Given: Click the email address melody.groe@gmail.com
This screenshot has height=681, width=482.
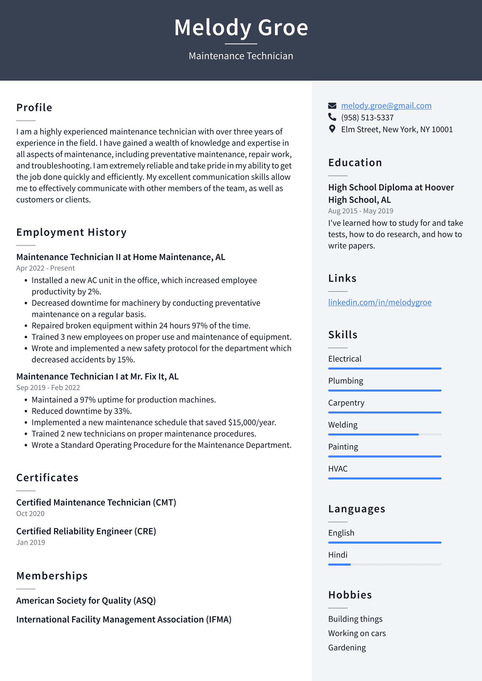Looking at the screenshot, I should [x=386, y=106].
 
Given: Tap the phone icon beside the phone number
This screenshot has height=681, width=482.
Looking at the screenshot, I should [x=332, y=117].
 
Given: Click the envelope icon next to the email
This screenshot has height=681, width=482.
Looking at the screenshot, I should [x=332, y=105].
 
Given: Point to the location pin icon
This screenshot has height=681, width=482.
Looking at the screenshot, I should [x=332, y=129].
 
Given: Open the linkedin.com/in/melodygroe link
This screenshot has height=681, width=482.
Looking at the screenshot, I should [x=380, y=302].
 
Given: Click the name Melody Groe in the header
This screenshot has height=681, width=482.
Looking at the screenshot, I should [x=241, y=28].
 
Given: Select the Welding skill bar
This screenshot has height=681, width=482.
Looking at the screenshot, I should [x=385, y=434].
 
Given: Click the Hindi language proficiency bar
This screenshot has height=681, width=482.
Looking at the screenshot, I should [x=385, y=565].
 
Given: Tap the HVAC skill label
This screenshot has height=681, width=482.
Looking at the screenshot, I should [x=338, y=469].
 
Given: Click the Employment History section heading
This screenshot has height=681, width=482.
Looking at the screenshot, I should [x=71, y=232].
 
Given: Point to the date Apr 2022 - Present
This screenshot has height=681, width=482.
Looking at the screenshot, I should [x=46, y=268].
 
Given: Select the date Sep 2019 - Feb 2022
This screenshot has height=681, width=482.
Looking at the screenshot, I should [x=48, y=388].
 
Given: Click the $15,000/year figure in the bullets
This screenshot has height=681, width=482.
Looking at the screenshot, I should [x=252, y=422].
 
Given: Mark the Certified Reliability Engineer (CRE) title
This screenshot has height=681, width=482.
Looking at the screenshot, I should [x=86, y=531].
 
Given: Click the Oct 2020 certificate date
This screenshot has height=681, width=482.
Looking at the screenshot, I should [x=30, y=514].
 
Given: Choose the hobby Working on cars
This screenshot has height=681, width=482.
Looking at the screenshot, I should [x=357, y=633].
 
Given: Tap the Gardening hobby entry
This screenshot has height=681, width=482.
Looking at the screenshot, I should [x=347, y=648].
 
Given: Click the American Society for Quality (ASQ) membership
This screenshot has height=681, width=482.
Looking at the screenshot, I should [x=86, y=601].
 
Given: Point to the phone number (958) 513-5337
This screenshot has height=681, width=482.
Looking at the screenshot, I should [x=367, y=117].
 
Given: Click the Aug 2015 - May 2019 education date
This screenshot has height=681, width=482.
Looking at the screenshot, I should [x=361, y=211].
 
